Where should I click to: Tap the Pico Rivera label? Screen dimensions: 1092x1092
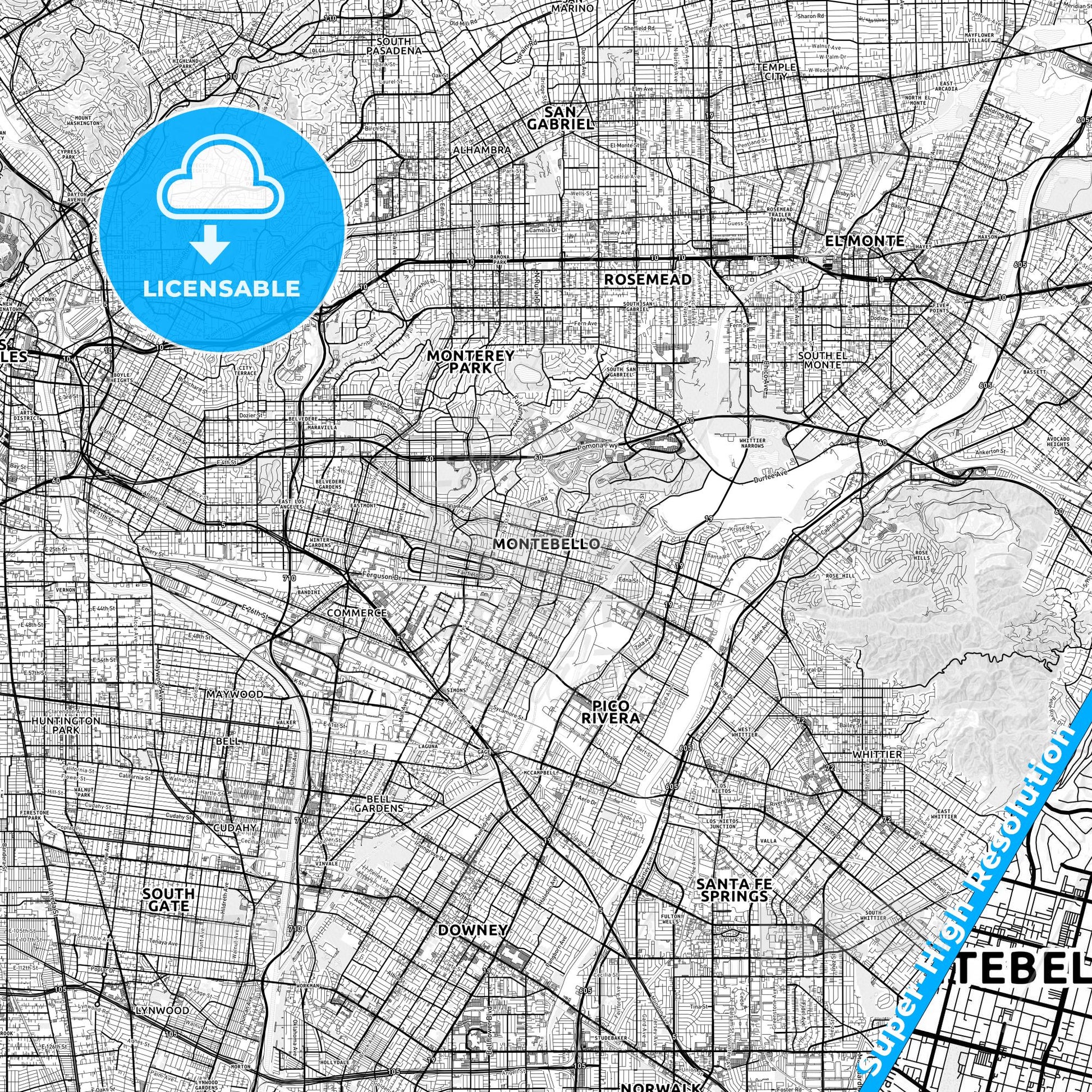tap(608, 712)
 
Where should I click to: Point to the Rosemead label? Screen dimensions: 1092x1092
tap(648, 279)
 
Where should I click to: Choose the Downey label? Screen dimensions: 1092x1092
tap(472, 930)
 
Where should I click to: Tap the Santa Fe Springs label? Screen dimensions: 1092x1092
tap(733, 890)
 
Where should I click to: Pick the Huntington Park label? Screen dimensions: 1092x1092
tap(66, 725)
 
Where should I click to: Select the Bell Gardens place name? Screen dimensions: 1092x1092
tap(379, 803)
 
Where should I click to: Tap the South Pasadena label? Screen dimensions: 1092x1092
tap(394, 46)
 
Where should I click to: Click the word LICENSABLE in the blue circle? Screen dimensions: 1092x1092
tap(222, 288)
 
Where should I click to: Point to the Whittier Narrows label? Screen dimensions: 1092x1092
tap(751, 443)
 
